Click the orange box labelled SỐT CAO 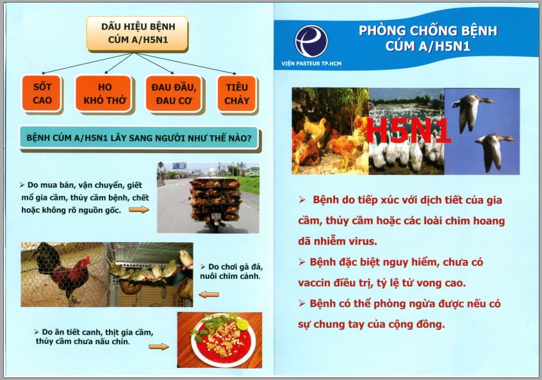42,94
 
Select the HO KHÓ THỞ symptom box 104,94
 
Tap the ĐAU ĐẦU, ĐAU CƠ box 174,94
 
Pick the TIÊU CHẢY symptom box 237,94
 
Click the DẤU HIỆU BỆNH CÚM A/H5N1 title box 138,33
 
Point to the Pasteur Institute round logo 311,41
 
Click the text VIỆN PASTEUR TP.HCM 311,63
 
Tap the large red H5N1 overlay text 408,130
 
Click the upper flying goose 472,112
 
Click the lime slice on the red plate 243,325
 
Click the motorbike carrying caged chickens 215,204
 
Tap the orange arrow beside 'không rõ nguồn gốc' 139,210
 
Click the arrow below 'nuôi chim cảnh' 209,295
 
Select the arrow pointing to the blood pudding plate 159,347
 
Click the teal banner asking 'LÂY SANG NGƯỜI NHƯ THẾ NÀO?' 139,138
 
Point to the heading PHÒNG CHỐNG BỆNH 427,31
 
